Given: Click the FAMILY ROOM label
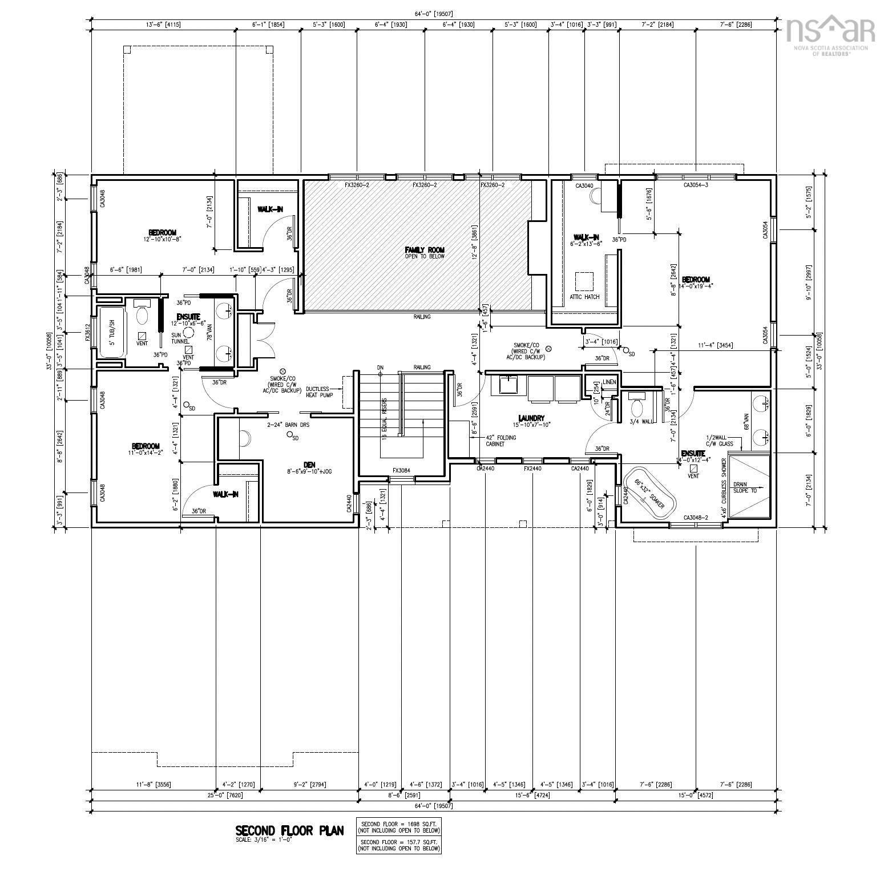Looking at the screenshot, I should [424, 250].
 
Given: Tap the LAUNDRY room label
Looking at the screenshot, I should [531, 418].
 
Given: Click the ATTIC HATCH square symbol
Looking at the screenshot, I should [584, 281].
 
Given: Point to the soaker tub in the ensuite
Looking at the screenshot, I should [649, 494].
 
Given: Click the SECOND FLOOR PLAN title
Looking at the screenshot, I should [290, 830].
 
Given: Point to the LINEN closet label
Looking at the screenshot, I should [609, 382].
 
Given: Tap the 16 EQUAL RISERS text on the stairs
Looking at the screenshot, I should [385, 418].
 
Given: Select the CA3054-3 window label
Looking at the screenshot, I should [696, 185].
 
